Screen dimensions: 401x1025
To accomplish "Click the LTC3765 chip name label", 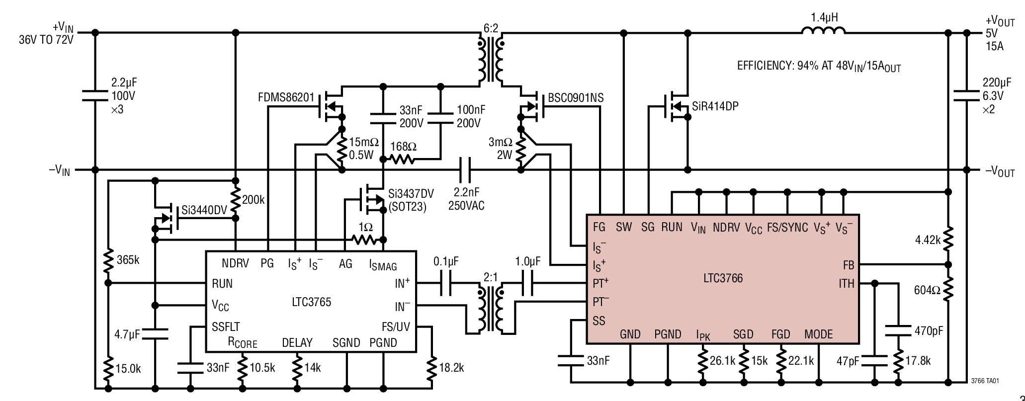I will tap(311, 302).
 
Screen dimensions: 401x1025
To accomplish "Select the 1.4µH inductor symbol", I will tap(823, 32).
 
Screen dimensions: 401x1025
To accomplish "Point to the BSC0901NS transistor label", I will tap(576, 98).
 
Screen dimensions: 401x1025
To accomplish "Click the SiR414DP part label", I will tap(715, 106).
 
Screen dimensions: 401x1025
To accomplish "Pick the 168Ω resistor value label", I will tap(403, 147).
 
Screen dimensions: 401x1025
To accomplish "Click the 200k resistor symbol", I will tap(236, 200).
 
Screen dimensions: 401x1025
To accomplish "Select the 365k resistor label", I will tap(128, 259).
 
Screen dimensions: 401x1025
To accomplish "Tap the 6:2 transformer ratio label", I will tap(490, 29).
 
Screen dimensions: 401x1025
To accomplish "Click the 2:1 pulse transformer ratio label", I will tap(490, 277).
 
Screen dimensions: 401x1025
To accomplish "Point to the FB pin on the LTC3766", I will tap(848, 265).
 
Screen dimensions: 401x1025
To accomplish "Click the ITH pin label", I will tap(846, 284).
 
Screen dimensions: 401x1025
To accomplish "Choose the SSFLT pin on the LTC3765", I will tap(226, 326).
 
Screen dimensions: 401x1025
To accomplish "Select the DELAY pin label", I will tap(297, 342).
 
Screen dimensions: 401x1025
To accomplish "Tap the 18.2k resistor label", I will tap(451, 368).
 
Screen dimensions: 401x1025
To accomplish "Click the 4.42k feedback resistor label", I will tap(928, 240).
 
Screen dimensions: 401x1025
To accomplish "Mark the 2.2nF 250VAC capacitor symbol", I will tap(466, 169).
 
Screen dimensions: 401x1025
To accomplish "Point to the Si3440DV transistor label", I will tap(204, 210).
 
